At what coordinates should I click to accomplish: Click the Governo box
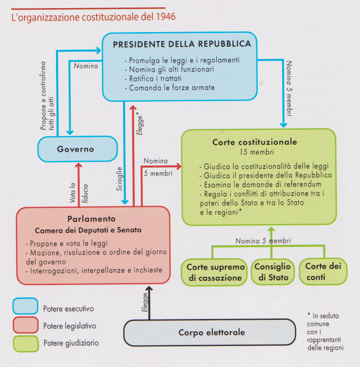click(75, 149)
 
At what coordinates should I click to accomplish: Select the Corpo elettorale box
click(209, 332)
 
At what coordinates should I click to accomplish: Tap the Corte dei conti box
click(322, 271)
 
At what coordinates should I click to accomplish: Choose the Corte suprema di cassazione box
click(215, 271)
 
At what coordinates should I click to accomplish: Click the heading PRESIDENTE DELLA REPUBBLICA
click(182, 44)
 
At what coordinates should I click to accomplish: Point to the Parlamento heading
click(92, 219)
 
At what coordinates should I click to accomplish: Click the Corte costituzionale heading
click(254, 142)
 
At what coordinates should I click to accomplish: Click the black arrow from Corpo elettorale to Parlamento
click(148, 303)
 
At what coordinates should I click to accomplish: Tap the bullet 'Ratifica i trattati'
click(154, 78)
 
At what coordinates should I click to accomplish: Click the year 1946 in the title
click(166, 17)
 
